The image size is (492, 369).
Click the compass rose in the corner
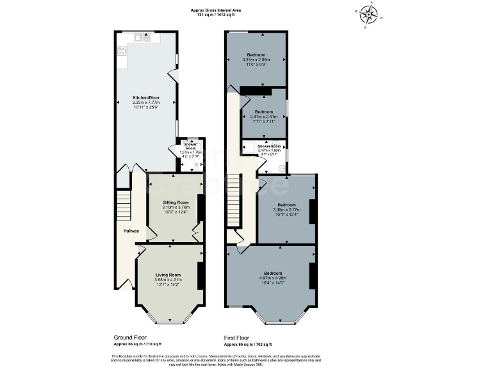point(368,15)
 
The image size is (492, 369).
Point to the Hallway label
point(131,231)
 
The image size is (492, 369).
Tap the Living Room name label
point(168,274)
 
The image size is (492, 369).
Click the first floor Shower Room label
point(269,147)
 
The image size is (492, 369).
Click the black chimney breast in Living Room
point(200,275)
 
